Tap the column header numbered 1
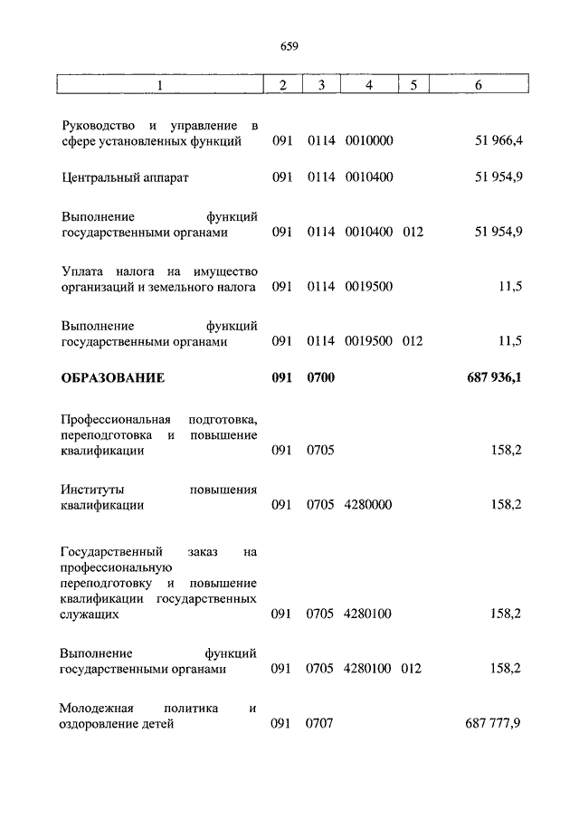(160, 85)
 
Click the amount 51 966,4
(498, 141)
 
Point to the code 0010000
(368, 141)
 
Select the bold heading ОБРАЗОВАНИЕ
(113, 377)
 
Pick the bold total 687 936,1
(493, 377)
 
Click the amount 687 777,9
(492, 723)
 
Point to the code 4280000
(368, 504)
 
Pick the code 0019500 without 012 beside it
(368, 287)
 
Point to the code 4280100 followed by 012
(368, 669)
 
